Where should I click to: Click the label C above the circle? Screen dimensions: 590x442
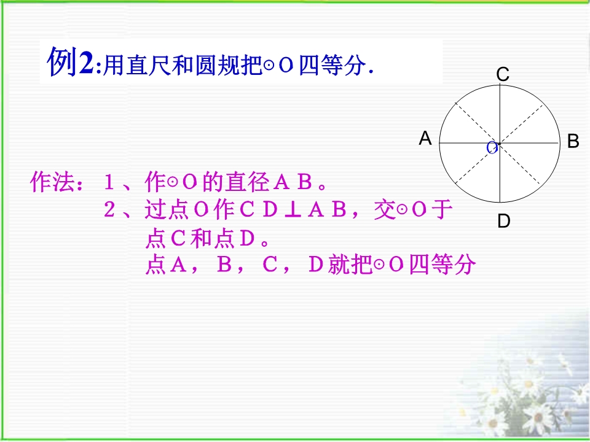503,74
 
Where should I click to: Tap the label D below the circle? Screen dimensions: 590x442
504,221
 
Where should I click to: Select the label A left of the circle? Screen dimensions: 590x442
425,138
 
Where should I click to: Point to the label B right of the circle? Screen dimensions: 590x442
573,141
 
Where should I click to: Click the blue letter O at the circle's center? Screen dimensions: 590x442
492,148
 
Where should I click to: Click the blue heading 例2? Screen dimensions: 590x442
70,61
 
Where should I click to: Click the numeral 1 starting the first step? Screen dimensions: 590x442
109,182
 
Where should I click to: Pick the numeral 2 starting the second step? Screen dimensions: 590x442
109,210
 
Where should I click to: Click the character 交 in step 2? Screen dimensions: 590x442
384,210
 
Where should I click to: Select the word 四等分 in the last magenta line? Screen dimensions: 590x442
442,264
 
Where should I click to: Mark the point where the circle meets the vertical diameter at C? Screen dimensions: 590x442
500,85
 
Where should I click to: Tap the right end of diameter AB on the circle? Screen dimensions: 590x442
559,143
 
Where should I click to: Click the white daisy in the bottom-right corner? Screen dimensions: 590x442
539,418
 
